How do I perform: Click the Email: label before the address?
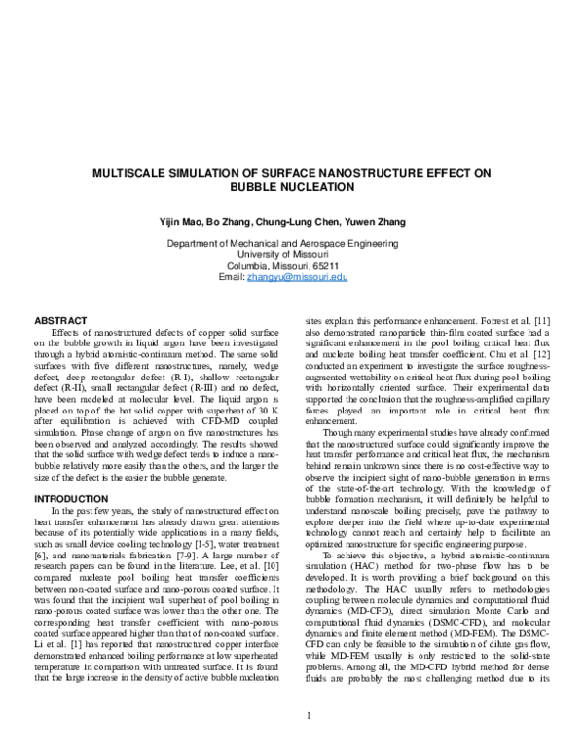click(x=234, y=277)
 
